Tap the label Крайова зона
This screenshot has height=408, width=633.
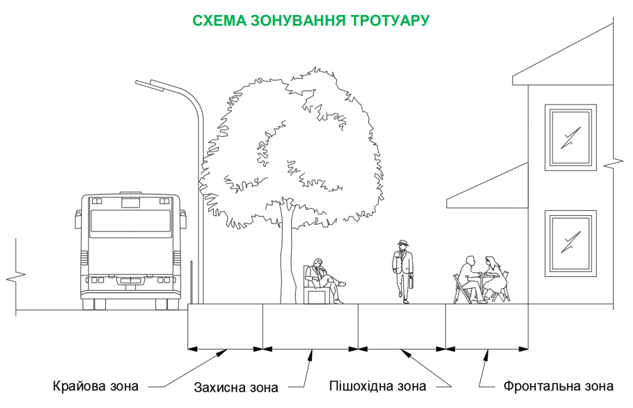pos(95,386)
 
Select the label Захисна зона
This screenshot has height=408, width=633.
pos(236,387)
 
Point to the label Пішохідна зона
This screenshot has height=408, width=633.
pos(377,386)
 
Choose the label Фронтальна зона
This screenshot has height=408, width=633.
pos(558,386)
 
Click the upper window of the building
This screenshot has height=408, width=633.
pos(570,137)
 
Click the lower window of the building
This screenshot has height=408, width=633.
pos(570,244)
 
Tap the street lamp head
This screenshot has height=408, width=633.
pos(150,84)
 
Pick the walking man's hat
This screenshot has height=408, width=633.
pos(402,243)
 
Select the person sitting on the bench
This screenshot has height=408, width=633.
pos(325,280)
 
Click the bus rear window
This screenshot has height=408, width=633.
pos(130,221)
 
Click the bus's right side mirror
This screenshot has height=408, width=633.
pos(183,218)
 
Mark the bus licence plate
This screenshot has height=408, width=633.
pos(130,281)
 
